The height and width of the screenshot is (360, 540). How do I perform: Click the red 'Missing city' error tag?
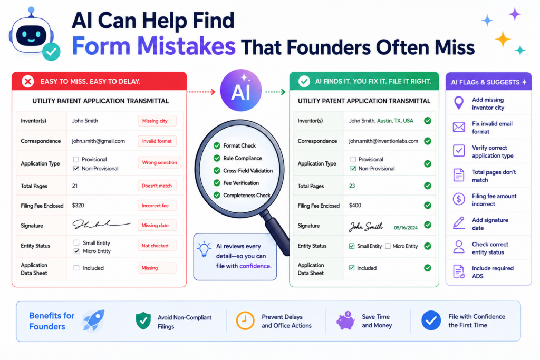157,121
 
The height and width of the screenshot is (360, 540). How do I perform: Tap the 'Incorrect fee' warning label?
157,206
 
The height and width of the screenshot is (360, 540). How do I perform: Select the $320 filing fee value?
78,205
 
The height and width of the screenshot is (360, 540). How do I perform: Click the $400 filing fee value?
355,206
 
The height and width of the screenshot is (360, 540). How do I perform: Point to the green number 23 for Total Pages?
352,186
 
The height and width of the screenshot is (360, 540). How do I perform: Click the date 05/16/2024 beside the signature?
406,228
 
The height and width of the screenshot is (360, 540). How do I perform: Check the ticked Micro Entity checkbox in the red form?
76,251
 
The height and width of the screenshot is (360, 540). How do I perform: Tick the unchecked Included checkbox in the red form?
76,268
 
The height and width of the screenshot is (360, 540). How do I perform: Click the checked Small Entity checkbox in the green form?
352,246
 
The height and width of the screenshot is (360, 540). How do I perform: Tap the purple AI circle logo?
240,91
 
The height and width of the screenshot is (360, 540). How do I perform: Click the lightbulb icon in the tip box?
204,249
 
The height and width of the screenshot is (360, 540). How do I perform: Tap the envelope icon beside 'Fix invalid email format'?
459,128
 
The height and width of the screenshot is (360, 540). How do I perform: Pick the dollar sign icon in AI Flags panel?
459,199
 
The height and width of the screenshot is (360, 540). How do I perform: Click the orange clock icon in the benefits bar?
245,321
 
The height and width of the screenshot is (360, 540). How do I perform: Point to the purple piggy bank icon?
345,320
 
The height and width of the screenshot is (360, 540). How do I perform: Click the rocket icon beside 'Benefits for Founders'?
93,320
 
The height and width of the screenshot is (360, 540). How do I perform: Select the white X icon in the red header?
28,82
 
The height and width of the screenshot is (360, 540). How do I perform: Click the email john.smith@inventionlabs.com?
383,141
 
